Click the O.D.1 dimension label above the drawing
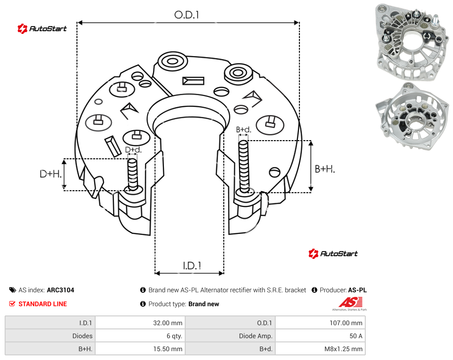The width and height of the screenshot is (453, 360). (x=187, y=15)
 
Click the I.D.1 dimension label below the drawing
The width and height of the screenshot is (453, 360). (x=192, y=266)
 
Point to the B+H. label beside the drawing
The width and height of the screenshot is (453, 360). (x=325, y=169)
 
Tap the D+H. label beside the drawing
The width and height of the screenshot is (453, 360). (x=51, y=174)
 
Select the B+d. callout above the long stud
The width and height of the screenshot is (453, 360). (x=244, y=129)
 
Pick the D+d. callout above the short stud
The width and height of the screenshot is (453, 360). (x=133, y=150)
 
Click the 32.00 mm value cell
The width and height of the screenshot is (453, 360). (x=140, y=323)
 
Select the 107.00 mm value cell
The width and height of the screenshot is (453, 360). (x=320, y=323)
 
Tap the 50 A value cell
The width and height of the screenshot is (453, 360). (x=320, y=336)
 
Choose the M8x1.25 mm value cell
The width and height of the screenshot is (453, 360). (x=320, y=349)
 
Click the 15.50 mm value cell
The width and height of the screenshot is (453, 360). (x=140, y=349)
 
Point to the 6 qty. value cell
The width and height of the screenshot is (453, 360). (x=140, y=336)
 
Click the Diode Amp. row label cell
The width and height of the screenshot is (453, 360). (x=230, y=336)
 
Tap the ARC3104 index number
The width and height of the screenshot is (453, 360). (x=60, y=290)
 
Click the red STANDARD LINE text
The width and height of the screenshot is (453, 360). (x=43, y=304)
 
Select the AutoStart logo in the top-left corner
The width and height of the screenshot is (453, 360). (x=42, y=29)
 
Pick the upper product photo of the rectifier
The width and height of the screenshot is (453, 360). (x=412, y=42)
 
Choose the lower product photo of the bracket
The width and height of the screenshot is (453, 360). (x=412, y=116)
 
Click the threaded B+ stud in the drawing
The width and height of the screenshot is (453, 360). (x=244, y=167)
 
